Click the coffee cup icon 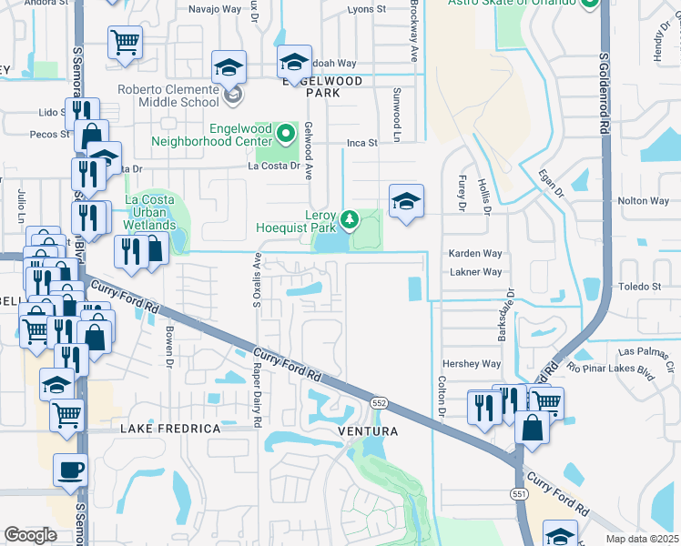[71, 470]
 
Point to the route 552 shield [380, 401]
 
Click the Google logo [30, 535]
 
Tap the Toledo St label [640, 286]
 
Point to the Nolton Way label [643, 201]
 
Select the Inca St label [361, 143]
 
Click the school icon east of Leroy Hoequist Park [406, 202]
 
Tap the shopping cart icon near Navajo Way [124, 42]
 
